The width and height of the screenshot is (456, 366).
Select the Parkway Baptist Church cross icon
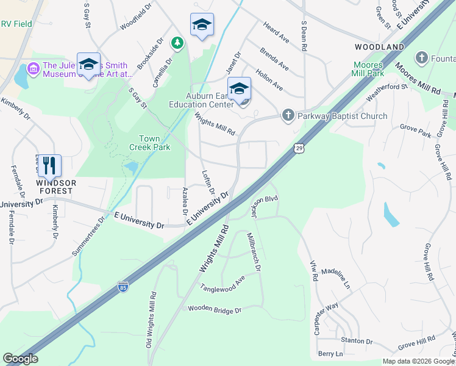pyautogui.click(x=288, y=115)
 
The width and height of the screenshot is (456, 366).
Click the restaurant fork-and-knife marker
pyautogui.click(x=49, y=165)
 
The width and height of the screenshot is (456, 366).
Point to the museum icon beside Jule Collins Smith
pyautogui.click(x=34, y=69)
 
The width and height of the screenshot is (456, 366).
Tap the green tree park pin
pyautogui.click(x=177, y=43)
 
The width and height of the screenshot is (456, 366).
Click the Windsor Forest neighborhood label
pyautogui.click(x=55, y=187)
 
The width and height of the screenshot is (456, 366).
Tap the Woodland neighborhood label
pyautogui.click(x=380, y=47)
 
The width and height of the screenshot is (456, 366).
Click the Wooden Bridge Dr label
pyautogui.click(x=215, y=310)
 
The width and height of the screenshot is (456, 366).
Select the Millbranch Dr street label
pyautogui.click(x=254, y=252)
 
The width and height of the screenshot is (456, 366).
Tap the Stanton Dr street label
pyautogui.click(x=357, y=341)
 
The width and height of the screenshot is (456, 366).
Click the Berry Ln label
pyautogui.click(x=330, y=354)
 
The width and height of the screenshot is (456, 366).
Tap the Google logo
pyautogui.click(x=20, y=359)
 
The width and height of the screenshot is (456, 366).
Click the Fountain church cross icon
pyautogui.click(x=421, y=58)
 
